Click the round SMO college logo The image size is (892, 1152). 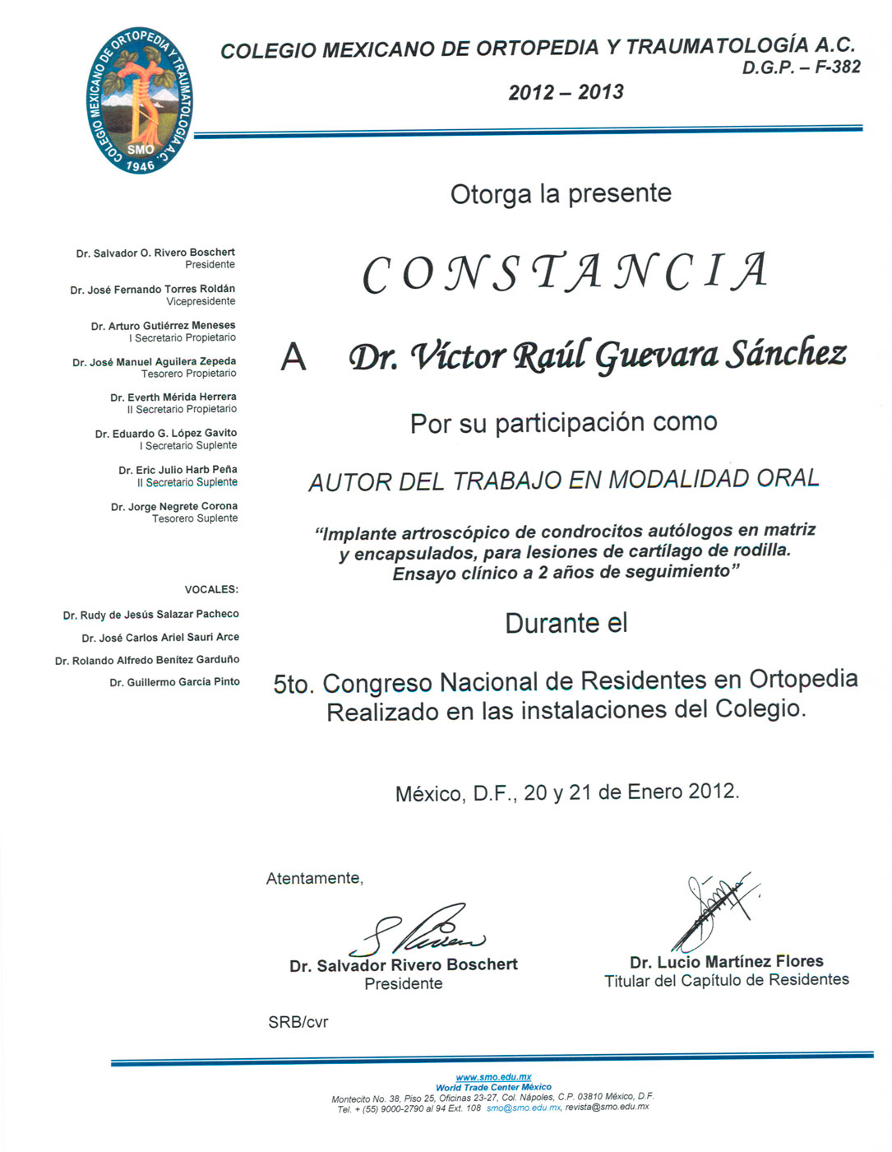point(140,101)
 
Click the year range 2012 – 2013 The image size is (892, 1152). point(566,92)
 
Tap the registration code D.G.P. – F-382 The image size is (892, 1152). point(801,67)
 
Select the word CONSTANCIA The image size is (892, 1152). point(566,273)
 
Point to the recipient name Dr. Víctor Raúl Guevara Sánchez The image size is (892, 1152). point(598,355)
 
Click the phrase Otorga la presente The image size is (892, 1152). point(561,194)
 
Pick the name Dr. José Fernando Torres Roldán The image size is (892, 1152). point(153,289)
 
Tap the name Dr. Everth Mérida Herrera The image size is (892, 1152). point(173,397)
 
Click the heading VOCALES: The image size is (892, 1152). point(211,589)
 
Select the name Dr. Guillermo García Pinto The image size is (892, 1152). point(175,682)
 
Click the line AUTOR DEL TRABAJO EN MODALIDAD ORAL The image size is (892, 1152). point(564,480)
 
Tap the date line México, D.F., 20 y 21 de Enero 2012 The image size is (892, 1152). point(567,792)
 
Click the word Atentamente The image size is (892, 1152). point(314,879)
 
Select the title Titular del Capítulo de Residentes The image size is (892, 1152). point(727,980)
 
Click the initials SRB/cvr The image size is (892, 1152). point(298,1022)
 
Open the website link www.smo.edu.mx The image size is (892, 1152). point(493,1076)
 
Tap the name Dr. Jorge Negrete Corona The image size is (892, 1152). point(174,506)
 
